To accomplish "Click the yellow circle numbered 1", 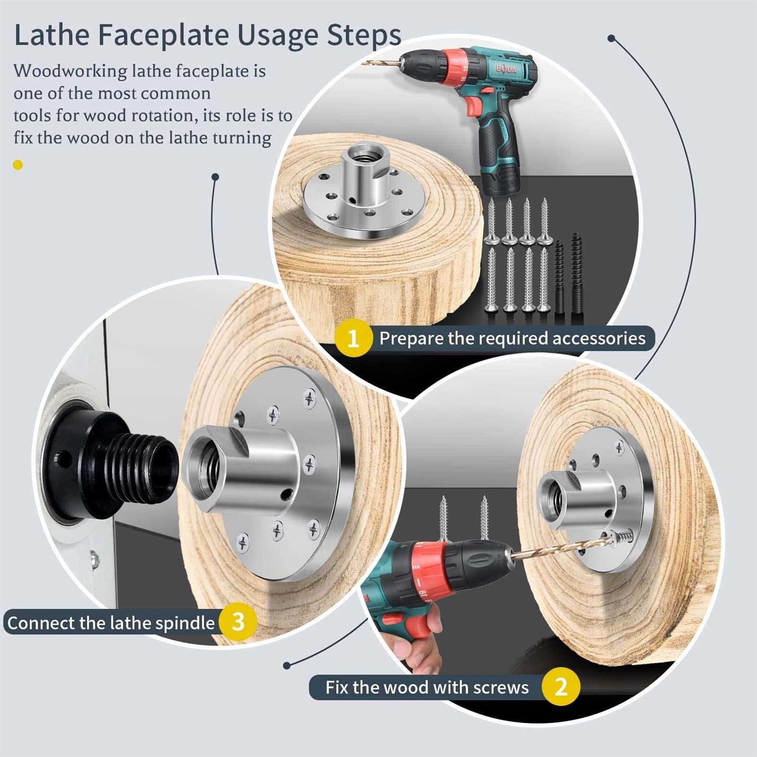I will click(353, 338).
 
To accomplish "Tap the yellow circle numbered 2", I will click(561, 687).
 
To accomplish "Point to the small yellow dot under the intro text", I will click(18, 165).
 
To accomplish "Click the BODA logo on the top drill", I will click(505, 69).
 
